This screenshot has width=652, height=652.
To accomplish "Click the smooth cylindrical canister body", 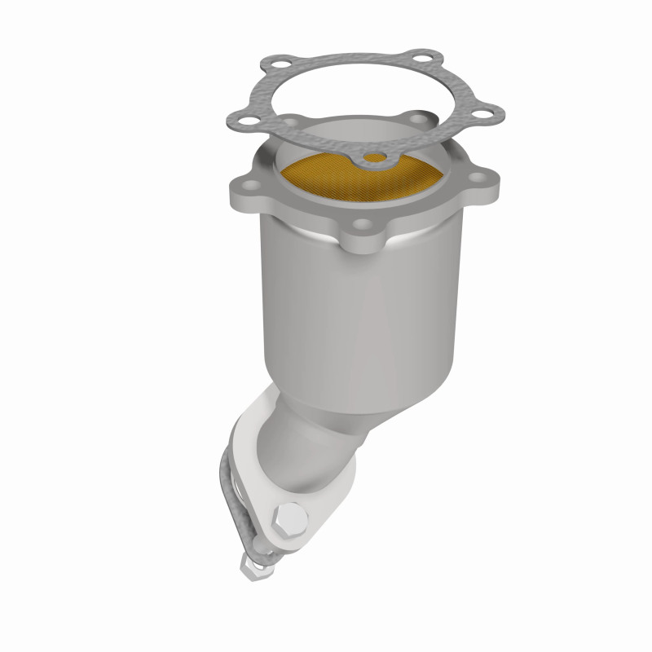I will pyautogui.click(x=359, y=318).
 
